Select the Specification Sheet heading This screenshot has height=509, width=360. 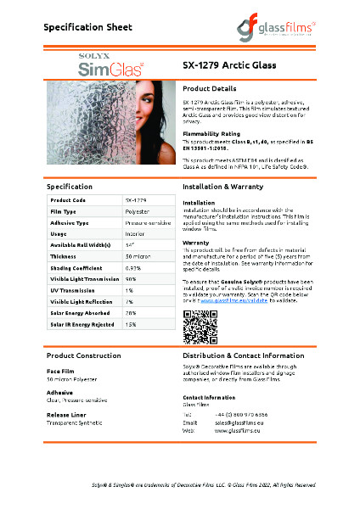(x=87, y=28)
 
